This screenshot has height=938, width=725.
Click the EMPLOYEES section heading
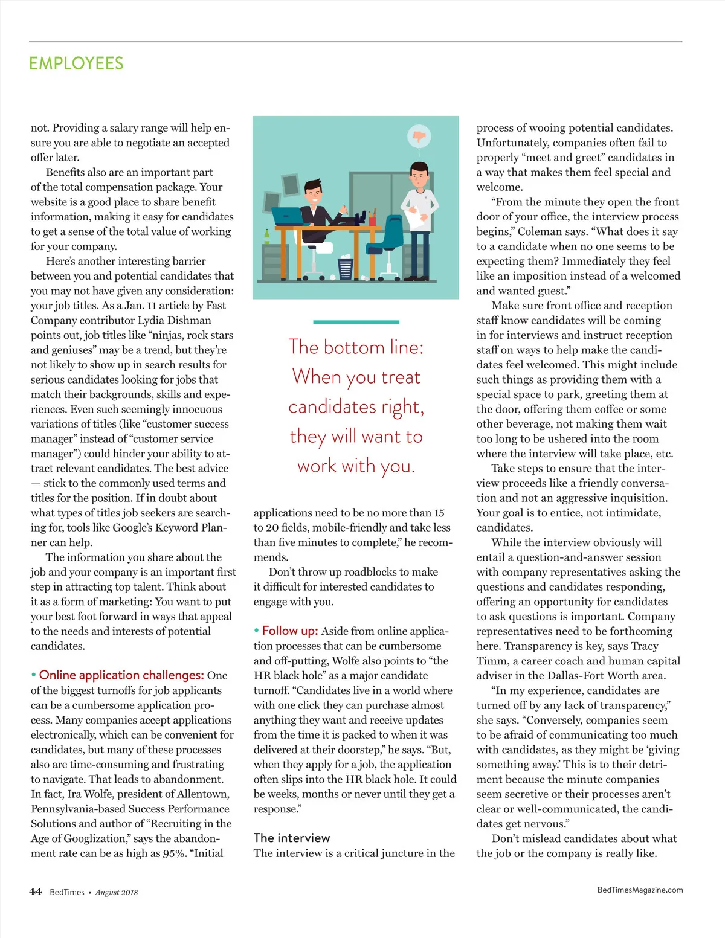click(x=76, y=63)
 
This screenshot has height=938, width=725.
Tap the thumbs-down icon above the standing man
click(x=418, y=136)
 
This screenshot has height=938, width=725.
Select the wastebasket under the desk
click(x=346, y=267)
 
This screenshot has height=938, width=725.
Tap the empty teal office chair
click(x=392, y=239)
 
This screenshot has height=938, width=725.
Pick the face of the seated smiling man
click(x=313, y=194)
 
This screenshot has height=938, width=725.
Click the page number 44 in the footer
click(x=36, y=892)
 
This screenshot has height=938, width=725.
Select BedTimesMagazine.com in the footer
click(x=640, y=890)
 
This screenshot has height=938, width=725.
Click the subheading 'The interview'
click(x=292, y=838)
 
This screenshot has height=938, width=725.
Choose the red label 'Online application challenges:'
click(x=121, y=675)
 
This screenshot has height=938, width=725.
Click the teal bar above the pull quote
click(x=356, y=322)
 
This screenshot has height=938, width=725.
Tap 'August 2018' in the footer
click(x=117, y=893)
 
